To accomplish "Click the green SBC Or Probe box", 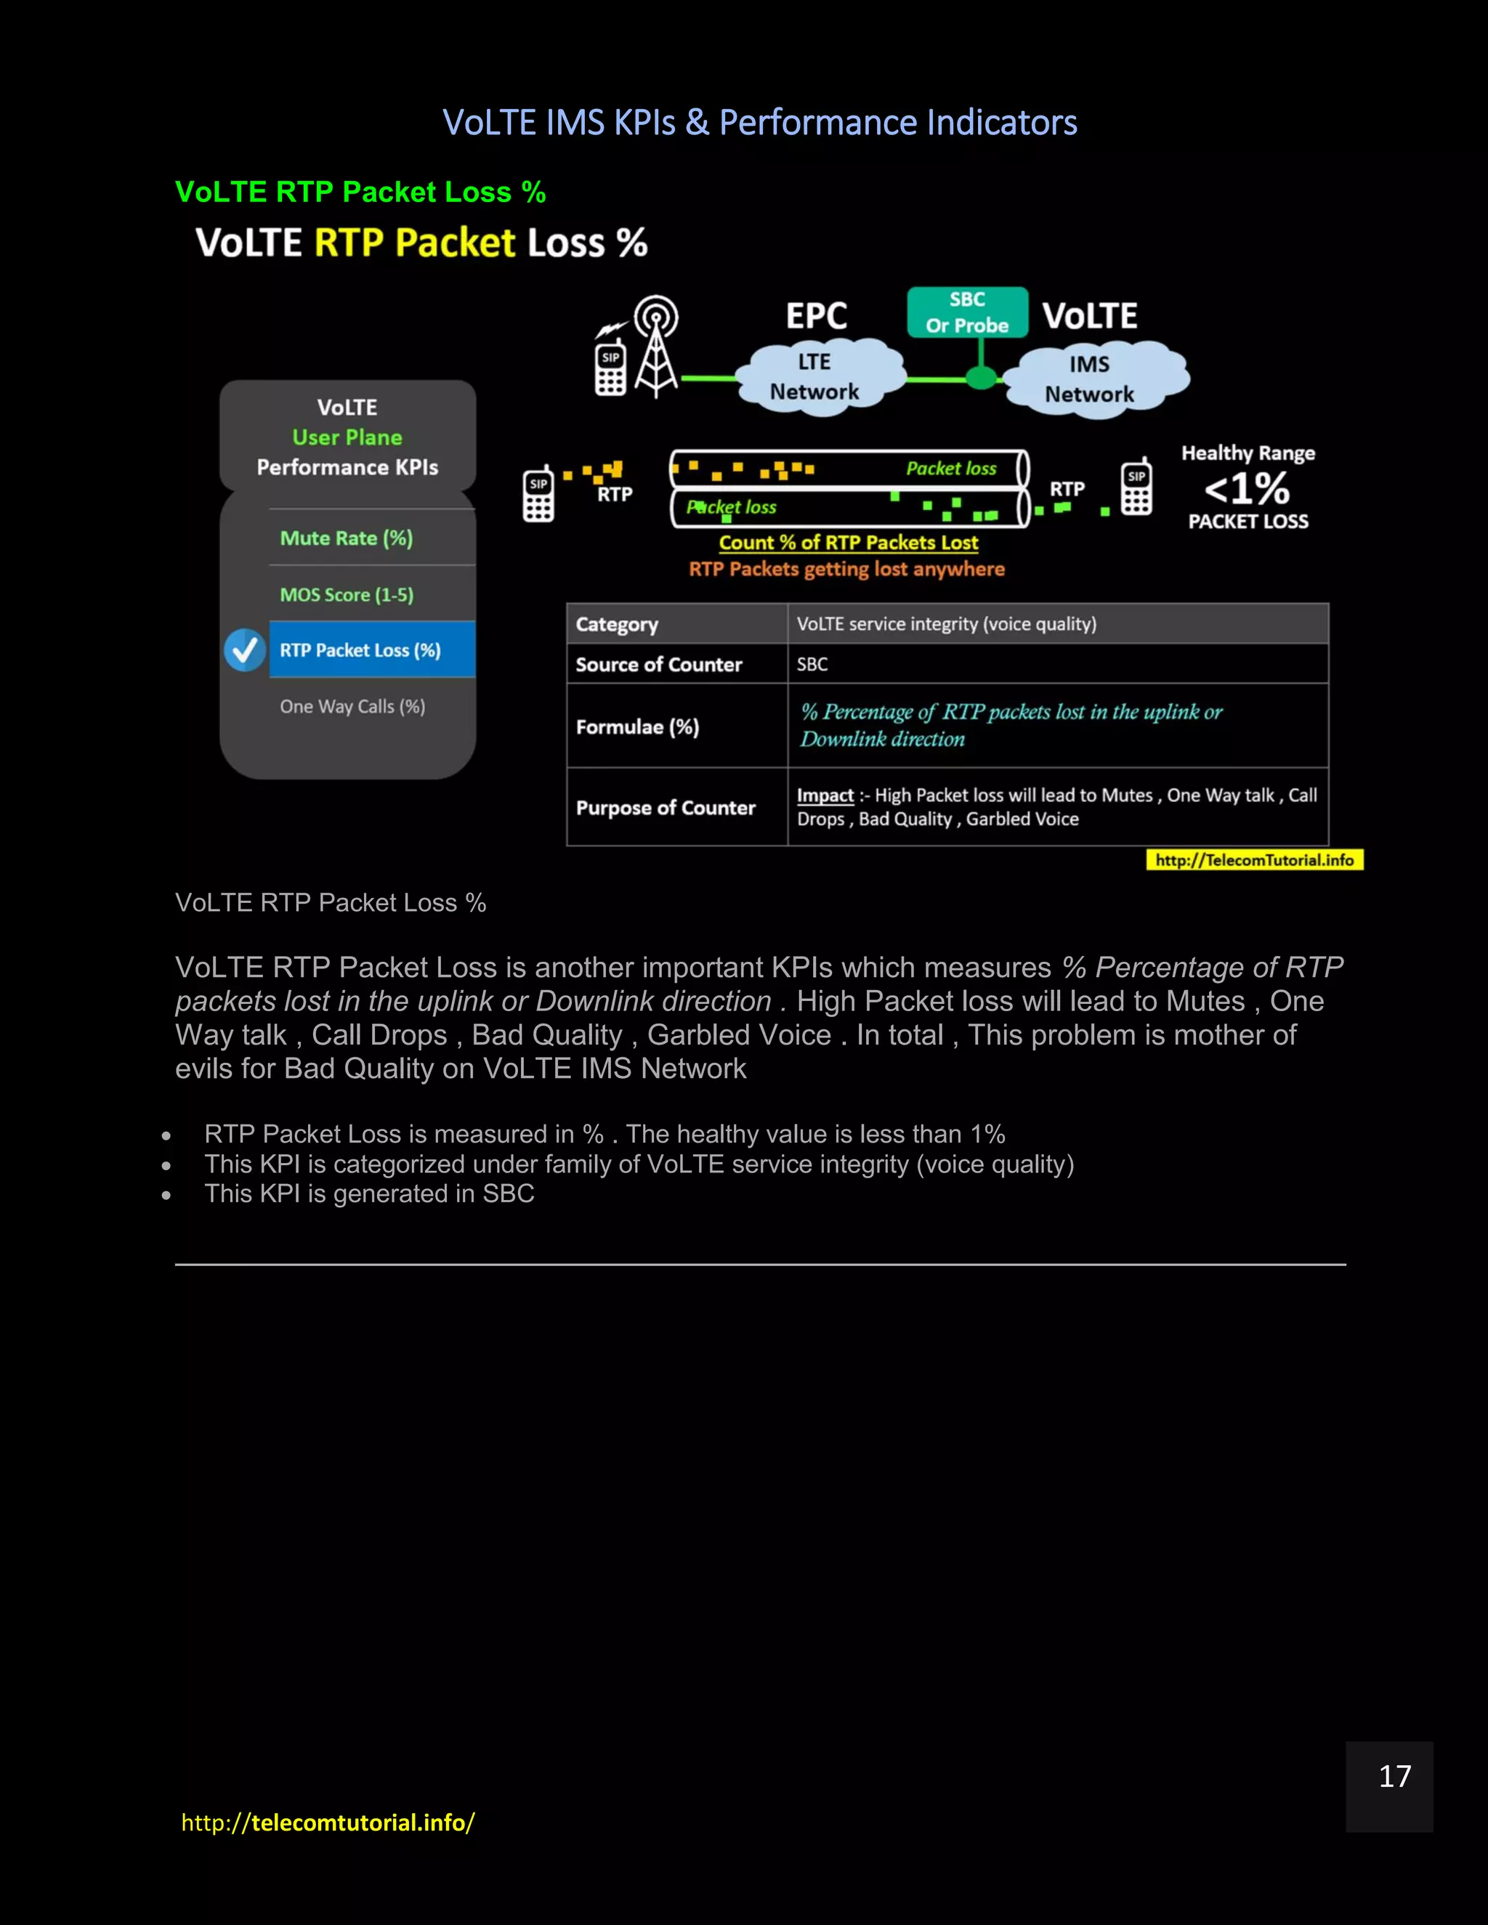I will point(967,312).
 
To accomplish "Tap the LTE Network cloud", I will point(815,377).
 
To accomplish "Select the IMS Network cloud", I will point(1091,380).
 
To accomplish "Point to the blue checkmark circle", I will point(244,650).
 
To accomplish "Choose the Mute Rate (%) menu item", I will point(347,538).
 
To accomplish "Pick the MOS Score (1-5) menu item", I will point(347,595).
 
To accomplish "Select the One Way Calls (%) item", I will point(352,707).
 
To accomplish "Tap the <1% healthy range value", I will point(1247,488).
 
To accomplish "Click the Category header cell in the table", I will point(617,625).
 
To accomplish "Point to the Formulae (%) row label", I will point(637,727).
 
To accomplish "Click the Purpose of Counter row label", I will point(666,808).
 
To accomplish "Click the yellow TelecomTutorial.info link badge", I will point(1253,860).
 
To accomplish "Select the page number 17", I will point(1394,1776).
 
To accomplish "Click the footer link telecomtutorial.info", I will point(328,1822).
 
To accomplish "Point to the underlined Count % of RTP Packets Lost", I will point(848,543).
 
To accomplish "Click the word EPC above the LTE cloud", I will point(816,315).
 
